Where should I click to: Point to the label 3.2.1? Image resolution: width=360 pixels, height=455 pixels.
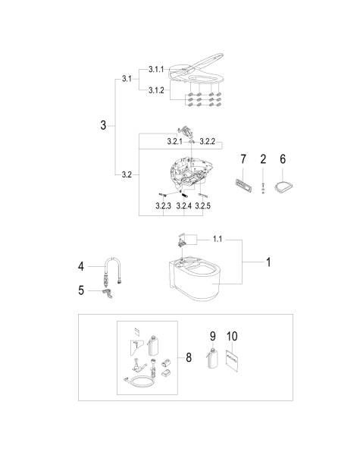(x=174, y=141)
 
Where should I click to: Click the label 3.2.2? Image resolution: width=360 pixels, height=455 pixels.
(x=208, y=141)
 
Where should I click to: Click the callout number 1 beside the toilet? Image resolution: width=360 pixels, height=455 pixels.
(x=268, y=262)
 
